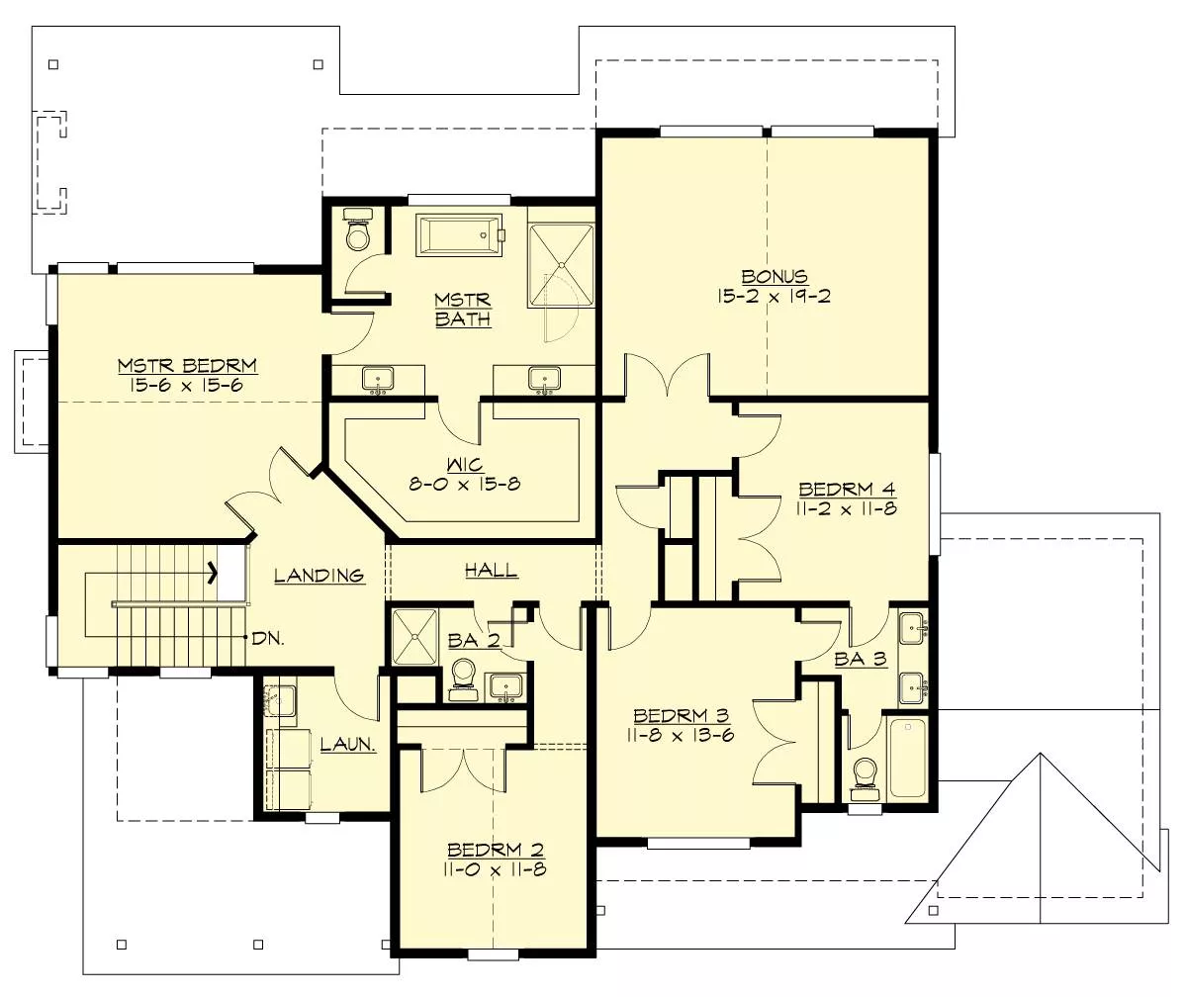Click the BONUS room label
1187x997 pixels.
[775, 276]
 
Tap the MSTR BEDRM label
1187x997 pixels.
[188, 365]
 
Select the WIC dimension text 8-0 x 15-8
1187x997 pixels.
[465, 484]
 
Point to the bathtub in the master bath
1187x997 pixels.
[459, 234]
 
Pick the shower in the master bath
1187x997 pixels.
[561, 265]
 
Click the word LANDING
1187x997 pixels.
[319, 576]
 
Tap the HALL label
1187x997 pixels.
[492, 570]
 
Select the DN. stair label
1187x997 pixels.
[268, 638]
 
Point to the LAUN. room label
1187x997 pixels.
[348, 744]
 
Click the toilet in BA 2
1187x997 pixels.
[463, 679]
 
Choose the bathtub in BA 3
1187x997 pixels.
[907, 759]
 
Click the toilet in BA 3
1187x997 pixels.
[866, 779]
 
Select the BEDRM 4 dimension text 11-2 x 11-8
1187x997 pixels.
[847, 508]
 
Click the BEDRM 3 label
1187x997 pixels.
[682, 715]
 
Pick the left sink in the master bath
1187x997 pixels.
[378, 380]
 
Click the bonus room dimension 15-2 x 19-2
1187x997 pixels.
[775, 296]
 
